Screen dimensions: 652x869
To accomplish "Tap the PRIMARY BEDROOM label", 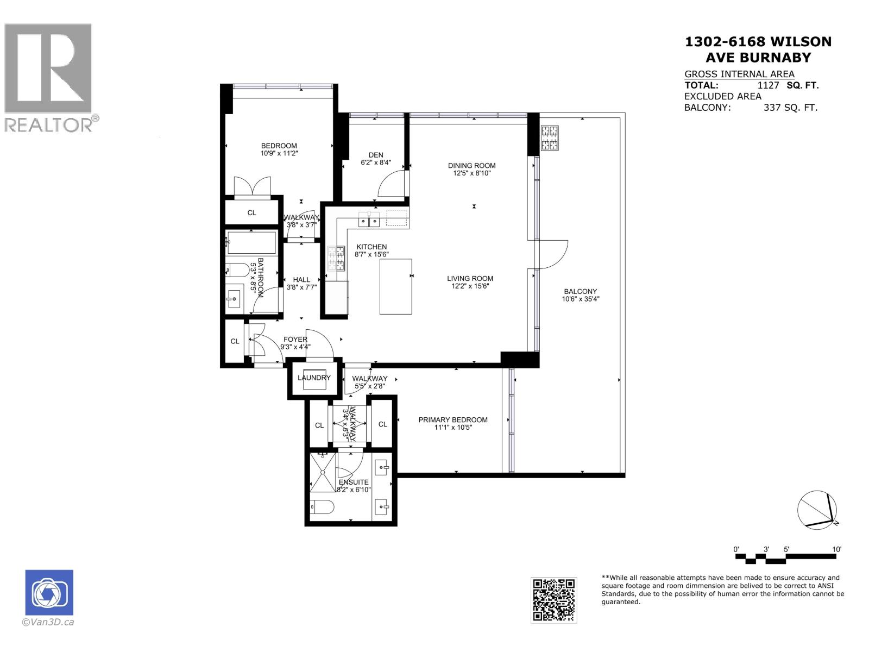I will click(x=452, y=419).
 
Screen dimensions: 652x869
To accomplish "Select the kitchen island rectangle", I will click(x=395, y=286).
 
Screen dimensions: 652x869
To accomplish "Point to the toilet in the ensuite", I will click(x=322, y=507).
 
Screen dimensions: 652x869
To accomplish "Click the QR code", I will click(x=553, y=600).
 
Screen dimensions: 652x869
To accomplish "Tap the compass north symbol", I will click(x=817, y=509).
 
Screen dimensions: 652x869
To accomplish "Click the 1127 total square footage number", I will click(x=768, y=85).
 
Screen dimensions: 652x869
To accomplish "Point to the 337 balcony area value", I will click(x=773, y=108).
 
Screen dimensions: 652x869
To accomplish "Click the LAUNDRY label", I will click(x=314, y=378).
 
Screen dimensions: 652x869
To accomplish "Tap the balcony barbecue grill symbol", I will click(x=549, y=137).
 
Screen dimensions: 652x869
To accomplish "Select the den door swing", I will click(x=391, y=183).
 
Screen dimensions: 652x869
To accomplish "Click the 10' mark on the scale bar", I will click(x=836, y=549).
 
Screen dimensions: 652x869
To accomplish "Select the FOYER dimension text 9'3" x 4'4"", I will click(x=295, y=347).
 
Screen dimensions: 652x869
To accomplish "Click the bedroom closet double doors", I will click(x=252, y=186).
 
